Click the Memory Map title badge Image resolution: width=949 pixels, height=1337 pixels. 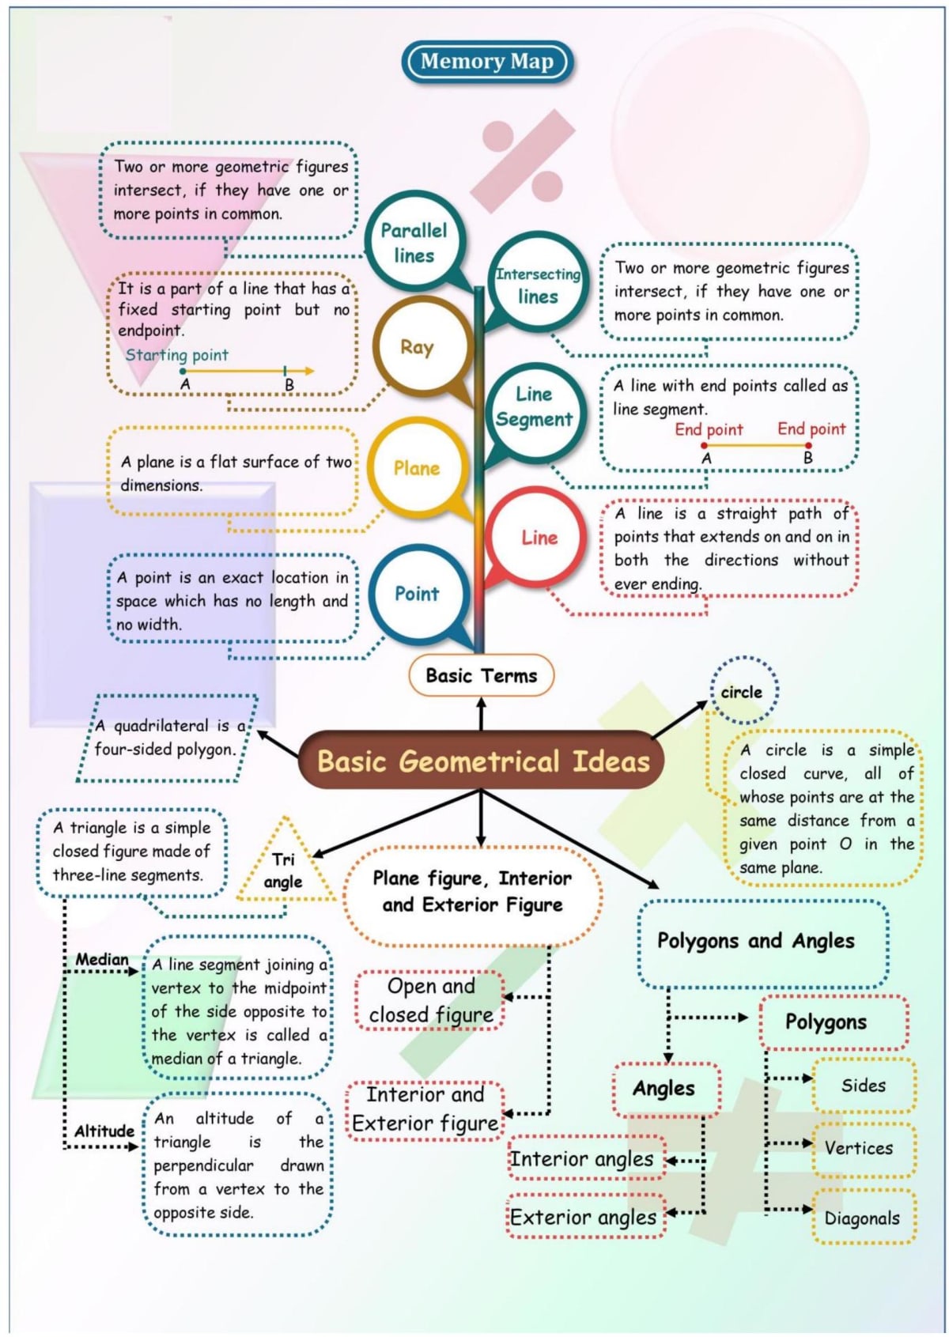(x=486, y=62)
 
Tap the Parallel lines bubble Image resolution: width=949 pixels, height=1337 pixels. (x=414, y=243)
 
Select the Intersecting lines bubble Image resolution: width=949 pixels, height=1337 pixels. (x=538, y=285)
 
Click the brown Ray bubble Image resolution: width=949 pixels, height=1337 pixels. (x=417, y=347)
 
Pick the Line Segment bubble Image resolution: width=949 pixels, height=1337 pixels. (x=534, y=406)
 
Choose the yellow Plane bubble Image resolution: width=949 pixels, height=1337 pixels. (x=416, y=468)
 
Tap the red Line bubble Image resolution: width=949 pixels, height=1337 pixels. (x=539, y=538)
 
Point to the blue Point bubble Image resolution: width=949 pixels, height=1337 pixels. (x=416, y=593)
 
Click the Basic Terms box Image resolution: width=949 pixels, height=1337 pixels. (x=481, y=675)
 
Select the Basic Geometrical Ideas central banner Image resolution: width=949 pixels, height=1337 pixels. (x=482, y=761)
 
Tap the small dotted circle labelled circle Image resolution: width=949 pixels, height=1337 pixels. (x=743, y=691)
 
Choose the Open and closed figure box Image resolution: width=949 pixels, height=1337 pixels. (x=431, y=1000)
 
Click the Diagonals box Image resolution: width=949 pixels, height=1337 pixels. (x=863, y=1218)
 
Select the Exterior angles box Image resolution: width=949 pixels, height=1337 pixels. (x=584, y=1217)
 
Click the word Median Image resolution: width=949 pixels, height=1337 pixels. (x=101, y=959)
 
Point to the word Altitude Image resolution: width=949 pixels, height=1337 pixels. (x=104, y=1131)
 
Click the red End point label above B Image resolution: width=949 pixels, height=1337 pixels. (x=811, y=429)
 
